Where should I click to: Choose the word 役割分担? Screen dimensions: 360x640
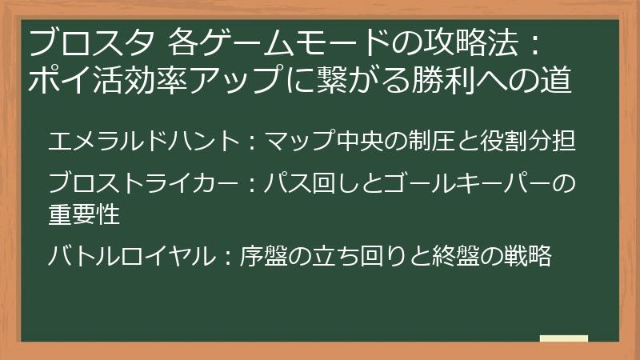[x=527, y=142]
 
